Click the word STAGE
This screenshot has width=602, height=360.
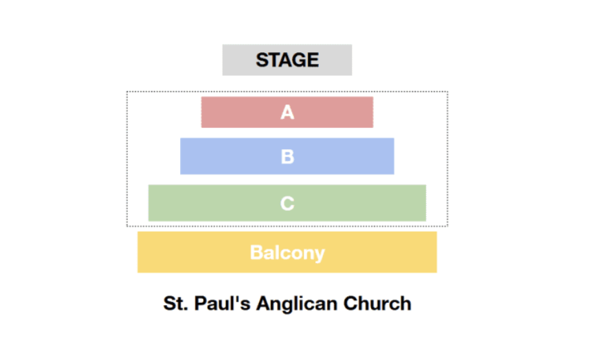(287, 60)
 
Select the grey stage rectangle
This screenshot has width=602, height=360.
(287, 60)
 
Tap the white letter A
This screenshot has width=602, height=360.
(287, 113)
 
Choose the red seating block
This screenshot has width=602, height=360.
(287, 112)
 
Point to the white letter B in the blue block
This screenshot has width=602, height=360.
(287, 157)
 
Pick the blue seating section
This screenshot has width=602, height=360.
(287, 156)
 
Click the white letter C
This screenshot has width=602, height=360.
(287, 203)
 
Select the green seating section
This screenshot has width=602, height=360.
(287, 203)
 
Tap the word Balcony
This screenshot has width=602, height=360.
(287, 254)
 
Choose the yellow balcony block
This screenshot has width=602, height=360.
(287, 252)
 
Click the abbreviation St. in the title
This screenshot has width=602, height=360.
(175, 304)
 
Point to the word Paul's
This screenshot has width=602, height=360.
(222, 303)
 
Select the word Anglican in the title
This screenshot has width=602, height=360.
(297, 304)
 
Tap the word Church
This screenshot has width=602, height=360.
(377, 303)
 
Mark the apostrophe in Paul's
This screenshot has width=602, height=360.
(236, 298)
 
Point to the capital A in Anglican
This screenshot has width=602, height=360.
(263, 303)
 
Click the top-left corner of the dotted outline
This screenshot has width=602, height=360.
(127, 92)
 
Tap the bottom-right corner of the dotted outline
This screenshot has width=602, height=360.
(447, 226)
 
